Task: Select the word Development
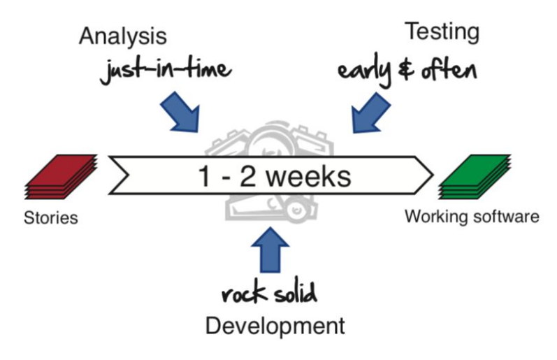[275, 325]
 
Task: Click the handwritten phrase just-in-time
[166, 71]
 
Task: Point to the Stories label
[50, 218]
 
